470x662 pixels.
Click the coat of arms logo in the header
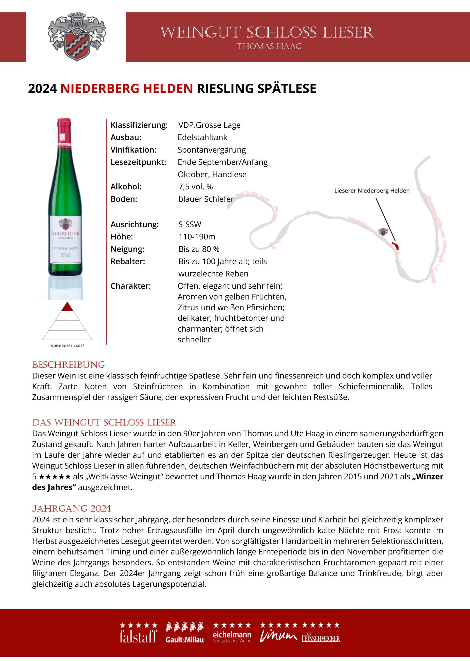(77, 37)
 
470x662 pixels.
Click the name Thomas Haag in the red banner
(269, 47)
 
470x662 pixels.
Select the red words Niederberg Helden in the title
(126, 88)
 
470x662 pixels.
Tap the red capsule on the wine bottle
(64, 130)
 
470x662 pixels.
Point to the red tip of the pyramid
(68, 307)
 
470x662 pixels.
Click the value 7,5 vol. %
(195, 187)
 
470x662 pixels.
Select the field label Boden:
(124, 199)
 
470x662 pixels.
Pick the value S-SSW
(190, 224)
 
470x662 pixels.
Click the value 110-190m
(197, 237)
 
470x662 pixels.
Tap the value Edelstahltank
(202, 137)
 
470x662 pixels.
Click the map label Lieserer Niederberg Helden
(372, 191)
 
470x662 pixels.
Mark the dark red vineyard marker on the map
(395, 246)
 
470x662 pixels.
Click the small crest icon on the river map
(383, 232)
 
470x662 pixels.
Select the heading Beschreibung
(68, 365)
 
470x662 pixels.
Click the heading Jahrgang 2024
(71, 509)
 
